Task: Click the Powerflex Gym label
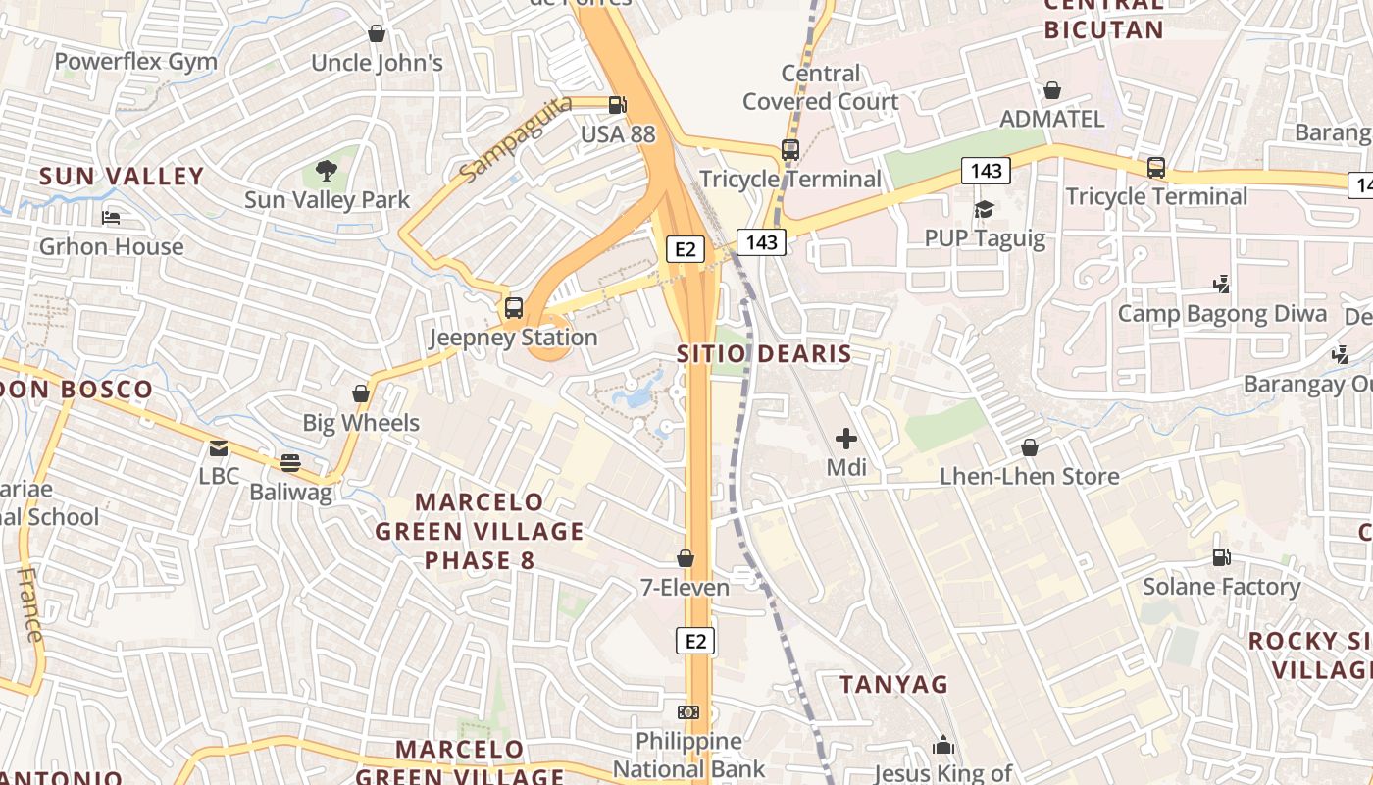(135, 62)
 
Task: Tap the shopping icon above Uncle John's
(377, 34)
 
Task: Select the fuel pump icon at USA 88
(617, 104)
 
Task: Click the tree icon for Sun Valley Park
(327, 172)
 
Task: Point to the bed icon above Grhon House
(111, 217)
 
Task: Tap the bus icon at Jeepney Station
(514, 308)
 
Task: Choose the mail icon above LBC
(218, 448)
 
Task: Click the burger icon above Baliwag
(290, 462)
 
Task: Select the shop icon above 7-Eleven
(686, 558)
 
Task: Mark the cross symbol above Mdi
(845, 439)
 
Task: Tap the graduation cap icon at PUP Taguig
(984, 209)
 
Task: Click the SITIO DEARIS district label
(764, 354)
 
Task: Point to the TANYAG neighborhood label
(893, 684)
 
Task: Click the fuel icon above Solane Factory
(1221, 557)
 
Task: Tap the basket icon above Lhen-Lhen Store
(1030, 447)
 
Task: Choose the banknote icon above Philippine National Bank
(688, 711)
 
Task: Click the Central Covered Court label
(820, 87)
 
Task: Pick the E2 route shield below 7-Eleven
(695, 642)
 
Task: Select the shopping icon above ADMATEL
(1051, 90)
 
